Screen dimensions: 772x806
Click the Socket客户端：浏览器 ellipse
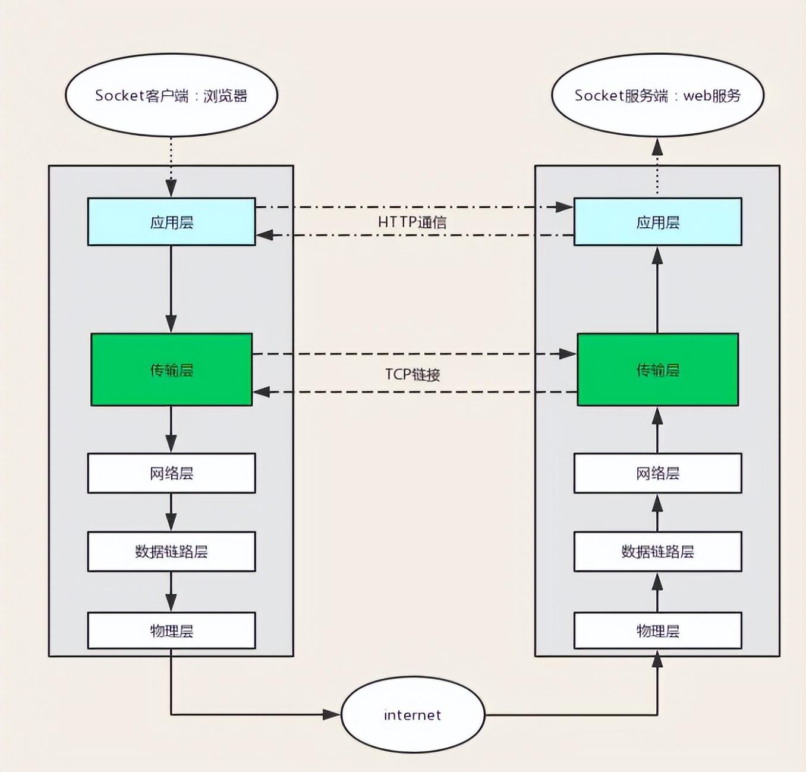coord(171,95)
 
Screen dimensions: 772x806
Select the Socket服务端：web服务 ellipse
coord(657,95)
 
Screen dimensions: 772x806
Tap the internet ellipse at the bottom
coord(413,714)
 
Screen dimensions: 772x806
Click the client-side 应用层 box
coord(171,222)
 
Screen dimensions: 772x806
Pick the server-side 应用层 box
coord(657,222)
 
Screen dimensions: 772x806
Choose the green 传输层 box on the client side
coord(171,370)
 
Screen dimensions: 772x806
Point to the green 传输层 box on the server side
coord(657,370)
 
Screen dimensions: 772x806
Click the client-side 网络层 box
coord(171,473)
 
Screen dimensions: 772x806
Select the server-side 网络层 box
coord(657,473)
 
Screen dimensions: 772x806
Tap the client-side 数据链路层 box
coord(171,552)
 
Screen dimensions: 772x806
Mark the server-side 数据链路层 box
coord(657,552)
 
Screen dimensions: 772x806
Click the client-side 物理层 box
coord(171,630)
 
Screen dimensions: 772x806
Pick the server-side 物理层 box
coord(657,630)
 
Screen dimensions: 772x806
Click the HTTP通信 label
coord(412,222)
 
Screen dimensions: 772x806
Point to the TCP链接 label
coord(412,374)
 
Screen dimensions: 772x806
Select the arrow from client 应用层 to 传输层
coord(171,289)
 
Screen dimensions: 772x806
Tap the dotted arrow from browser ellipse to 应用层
coord(171,167)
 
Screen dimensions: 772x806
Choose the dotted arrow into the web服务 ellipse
coord(657,167)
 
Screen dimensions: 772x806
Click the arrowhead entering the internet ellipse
coord(332,714)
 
